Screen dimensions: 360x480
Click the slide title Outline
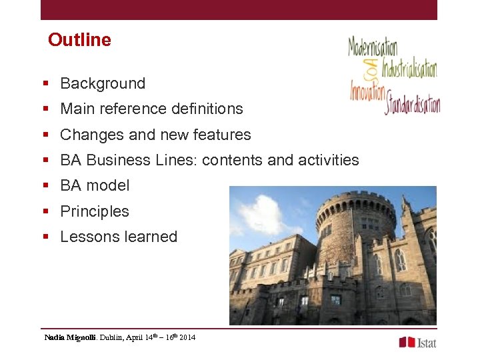pos(79,40)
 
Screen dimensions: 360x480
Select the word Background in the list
pos(103,83)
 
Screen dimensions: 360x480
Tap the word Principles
pos(95,211)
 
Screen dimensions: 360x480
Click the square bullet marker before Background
pos(46,84)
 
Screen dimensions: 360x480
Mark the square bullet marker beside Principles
pos(46,212)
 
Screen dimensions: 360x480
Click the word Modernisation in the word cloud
pos(373,47)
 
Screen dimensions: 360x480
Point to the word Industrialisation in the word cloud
pos(409,69)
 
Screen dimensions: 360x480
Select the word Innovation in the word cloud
pos(368,89)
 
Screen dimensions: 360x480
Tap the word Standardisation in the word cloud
pos(412,105)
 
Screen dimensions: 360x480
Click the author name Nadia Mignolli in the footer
pos(70,338)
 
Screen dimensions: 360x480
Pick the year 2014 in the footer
pos(187,338)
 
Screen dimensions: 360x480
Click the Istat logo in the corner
pos(417,342)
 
